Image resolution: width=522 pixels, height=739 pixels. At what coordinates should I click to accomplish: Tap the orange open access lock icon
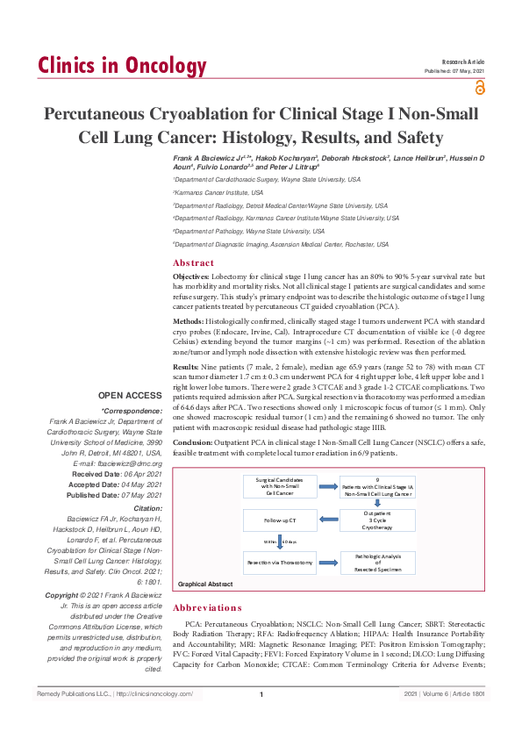[479, 87]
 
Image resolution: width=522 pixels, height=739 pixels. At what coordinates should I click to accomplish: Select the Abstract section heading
[193, 262]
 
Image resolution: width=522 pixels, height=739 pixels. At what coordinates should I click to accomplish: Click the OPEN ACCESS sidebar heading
[130, 396]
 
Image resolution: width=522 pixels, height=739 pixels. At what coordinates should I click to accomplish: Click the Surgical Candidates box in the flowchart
[279, 487]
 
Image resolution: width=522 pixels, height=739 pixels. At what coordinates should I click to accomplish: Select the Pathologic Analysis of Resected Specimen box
[377, 562]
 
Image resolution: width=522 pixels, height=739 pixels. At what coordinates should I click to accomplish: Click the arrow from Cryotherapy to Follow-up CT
[326, 521]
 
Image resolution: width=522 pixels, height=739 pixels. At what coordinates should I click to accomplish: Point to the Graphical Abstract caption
[205, 584]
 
